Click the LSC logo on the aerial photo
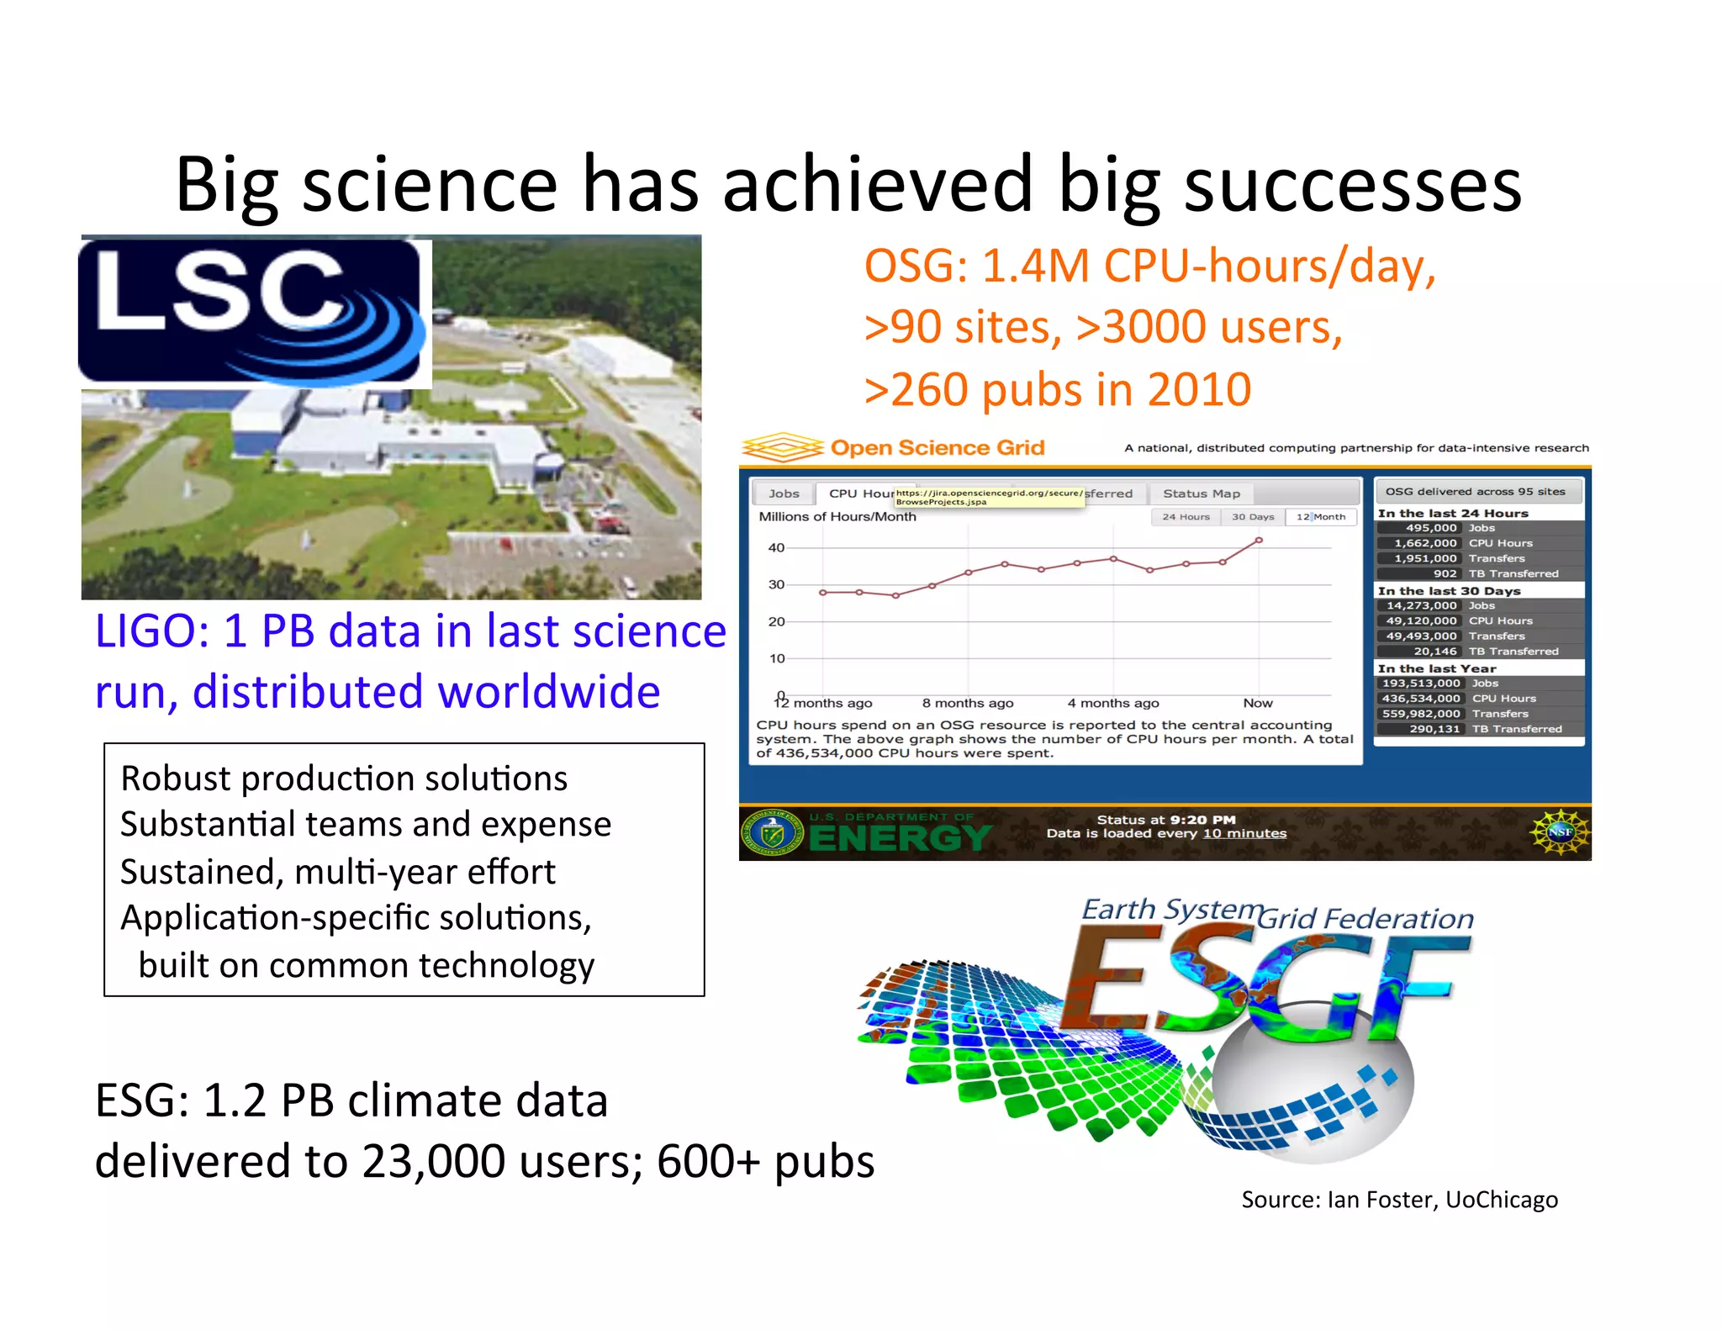click(x=252, y=311)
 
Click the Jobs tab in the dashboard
click(x=784, y=493)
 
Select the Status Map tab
click(x=1201, y=493)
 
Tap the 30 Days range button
click(x=1252, y=517)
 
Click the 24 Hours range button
click(x=1186, y=517)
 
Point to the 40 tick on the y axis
click(x=776, y=547)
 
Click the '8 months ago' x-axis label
click(x=967, y=703)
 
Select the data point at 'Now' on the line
click(x=1259, y=541)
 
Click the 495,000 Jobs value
click(x=1430, y=528)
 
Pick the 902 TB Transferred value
click(x=1445, y=573)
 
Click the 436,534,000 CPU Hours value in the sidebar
click(x=1421, y=698)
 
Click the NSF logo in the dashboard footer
click(x=1560, y=831)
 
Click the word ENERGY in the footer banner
click(x=900, y=838)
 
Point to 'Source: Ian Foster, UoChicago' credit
click(x=1399, y=1199)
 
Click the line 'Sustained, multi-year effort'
click(x=337, y=871)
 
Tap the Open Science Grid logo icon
click(x=782, y=447)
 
